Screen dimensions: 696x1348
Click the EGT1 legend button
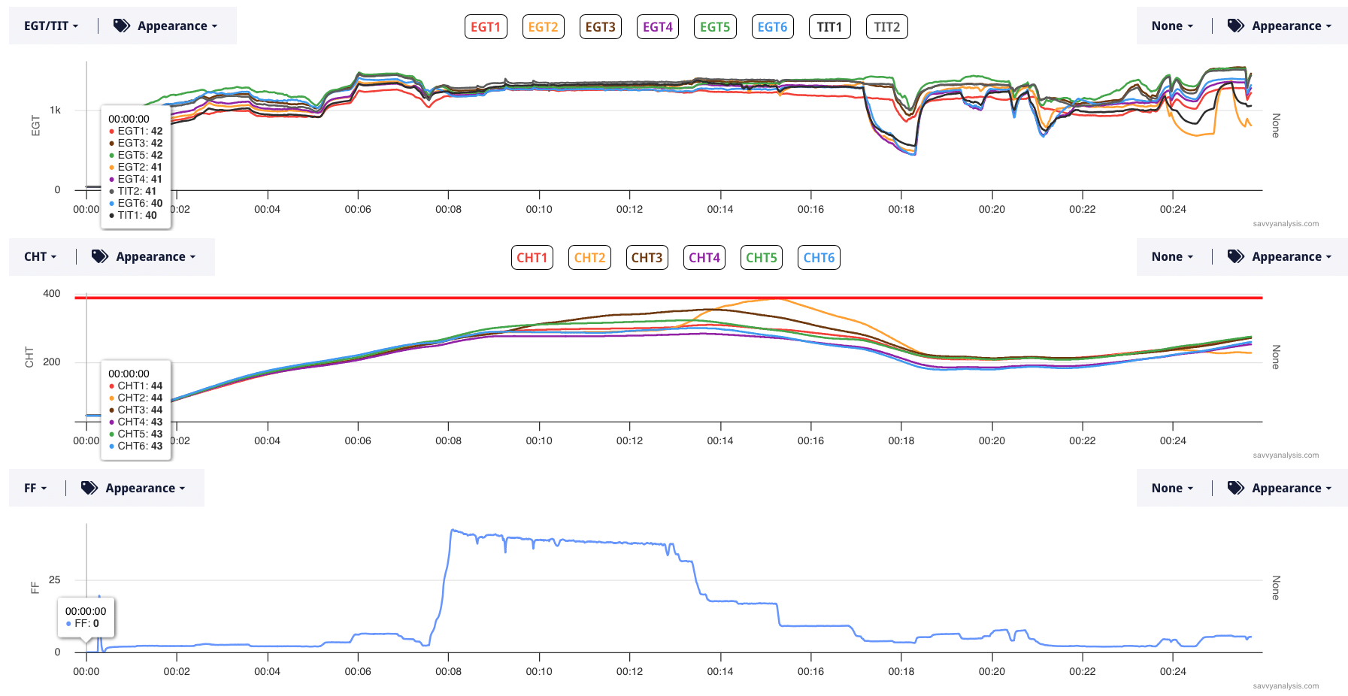486,27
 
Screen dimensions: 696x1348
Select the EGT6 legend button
772,27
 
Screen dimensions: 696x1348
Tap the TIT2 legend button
886,27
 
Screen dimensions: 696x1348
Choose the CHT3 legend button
647,258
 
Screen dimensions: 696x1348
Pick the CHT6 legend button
819,258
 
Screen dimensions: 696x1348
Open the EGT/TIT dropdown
51,26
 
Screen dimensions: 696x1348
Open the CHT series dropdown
41,256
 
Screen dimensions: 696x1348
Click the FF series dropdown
35,488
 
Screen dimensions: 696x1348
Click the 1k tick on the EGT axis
55,110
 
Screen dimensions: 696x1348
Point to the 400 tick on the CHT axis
52,293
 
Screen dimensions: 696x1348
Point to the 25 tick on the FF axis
55,579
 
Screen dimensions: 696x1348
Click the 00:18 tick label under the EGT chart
901,209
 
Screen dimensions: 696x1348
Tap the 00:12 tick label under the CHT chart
629,440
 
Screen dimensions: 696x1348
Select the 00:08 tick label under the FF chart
448,671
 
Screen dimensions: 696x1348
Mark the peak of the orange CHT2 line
779,299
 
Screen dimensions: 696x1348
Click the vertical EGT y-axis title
35,126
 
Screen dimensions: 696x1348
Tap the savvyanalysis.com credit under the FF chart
1286,685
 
